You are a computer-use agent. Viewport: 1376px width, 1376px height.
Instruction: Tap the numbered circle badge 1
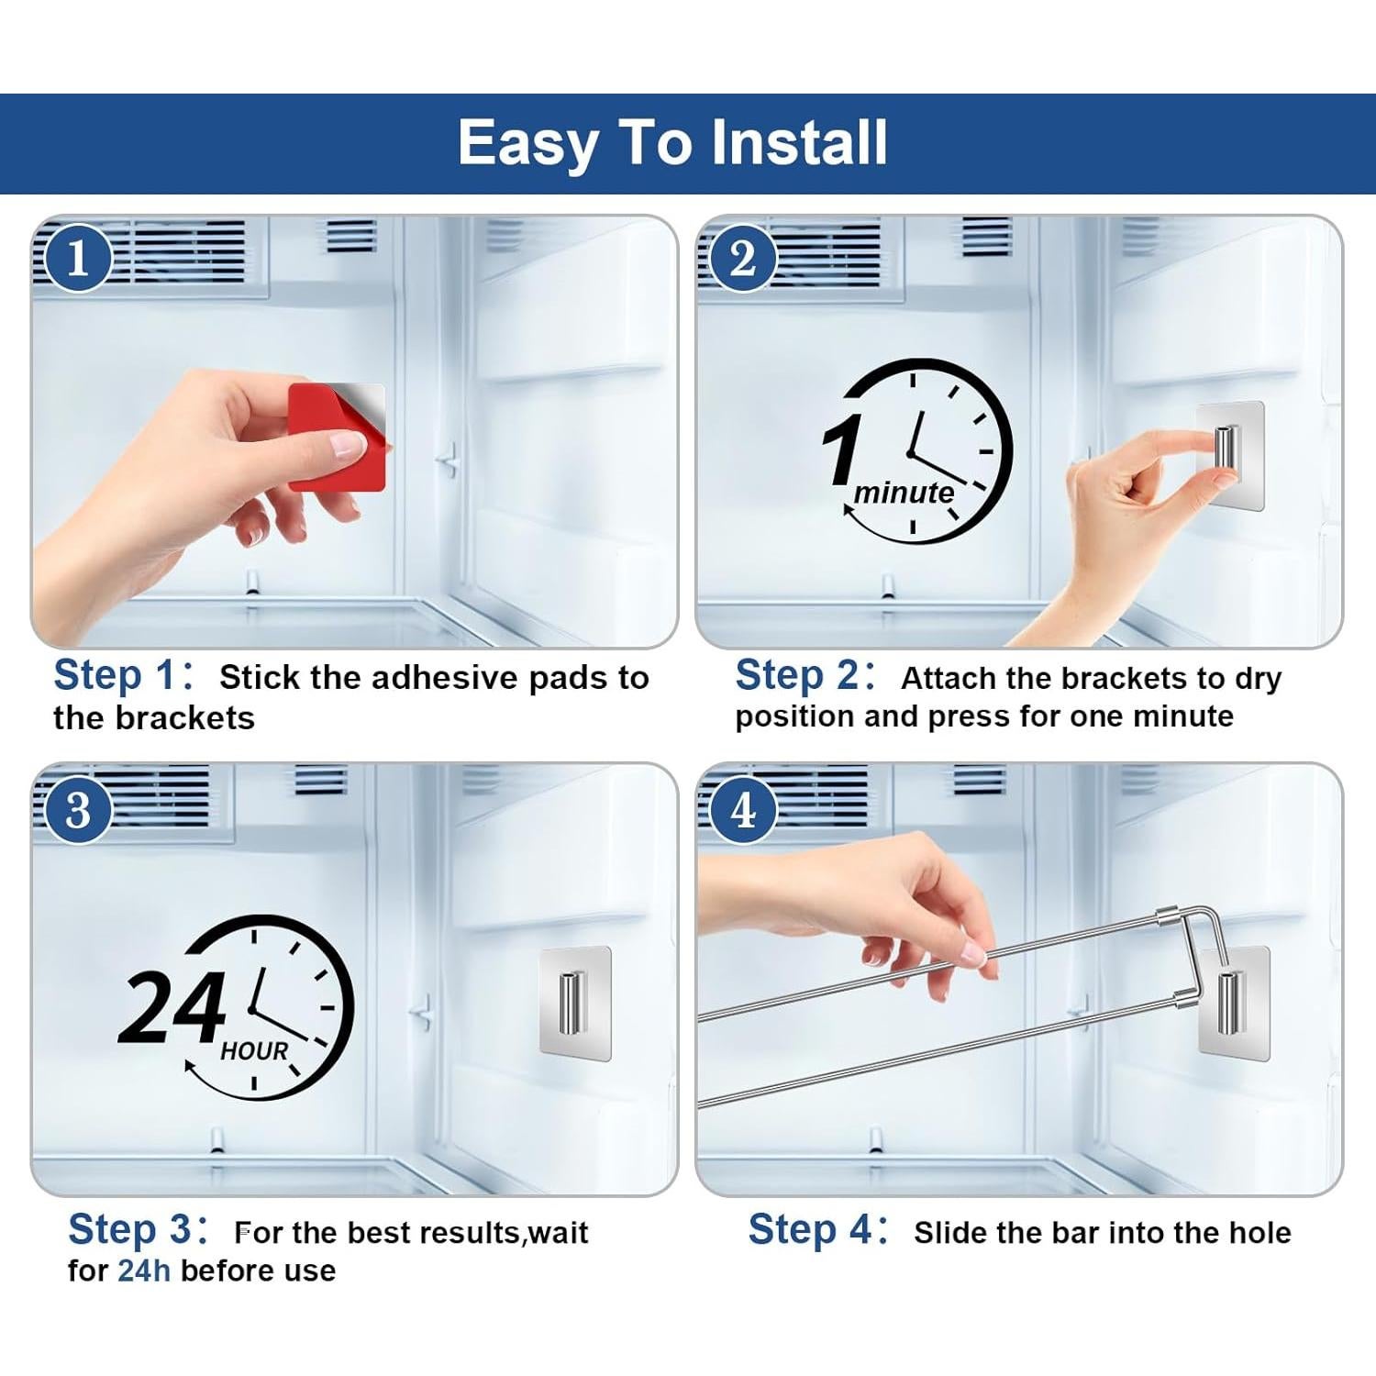(78, 259)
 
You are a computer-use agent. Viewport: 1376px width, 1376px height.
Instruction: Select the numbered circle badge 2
(743, 259)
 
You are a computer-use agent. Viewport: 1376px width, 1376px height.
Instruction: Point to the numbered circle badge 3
(78, 810)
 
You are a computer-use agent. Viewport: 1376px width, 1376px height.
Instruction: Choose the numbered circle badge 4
(743, 810)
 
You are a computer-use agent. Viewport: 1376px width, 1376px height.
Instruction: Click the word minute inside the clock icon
(904, 494)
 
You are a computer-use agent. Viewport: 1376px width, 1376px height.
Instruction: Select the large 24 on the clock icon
(172, 1007)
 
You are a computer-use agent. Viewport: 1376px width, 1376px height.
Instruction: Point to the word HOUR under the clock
(254, 1050)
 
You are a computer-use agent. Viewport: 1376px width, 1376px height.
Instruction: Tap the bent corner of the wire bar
(1209, 910)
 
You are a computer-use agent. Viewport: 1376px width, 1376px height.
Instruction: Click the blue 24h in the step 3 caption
(144, 1271)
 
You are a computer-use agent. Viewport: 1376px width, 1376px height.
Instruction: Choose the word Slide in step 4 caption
(948, 1232)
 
